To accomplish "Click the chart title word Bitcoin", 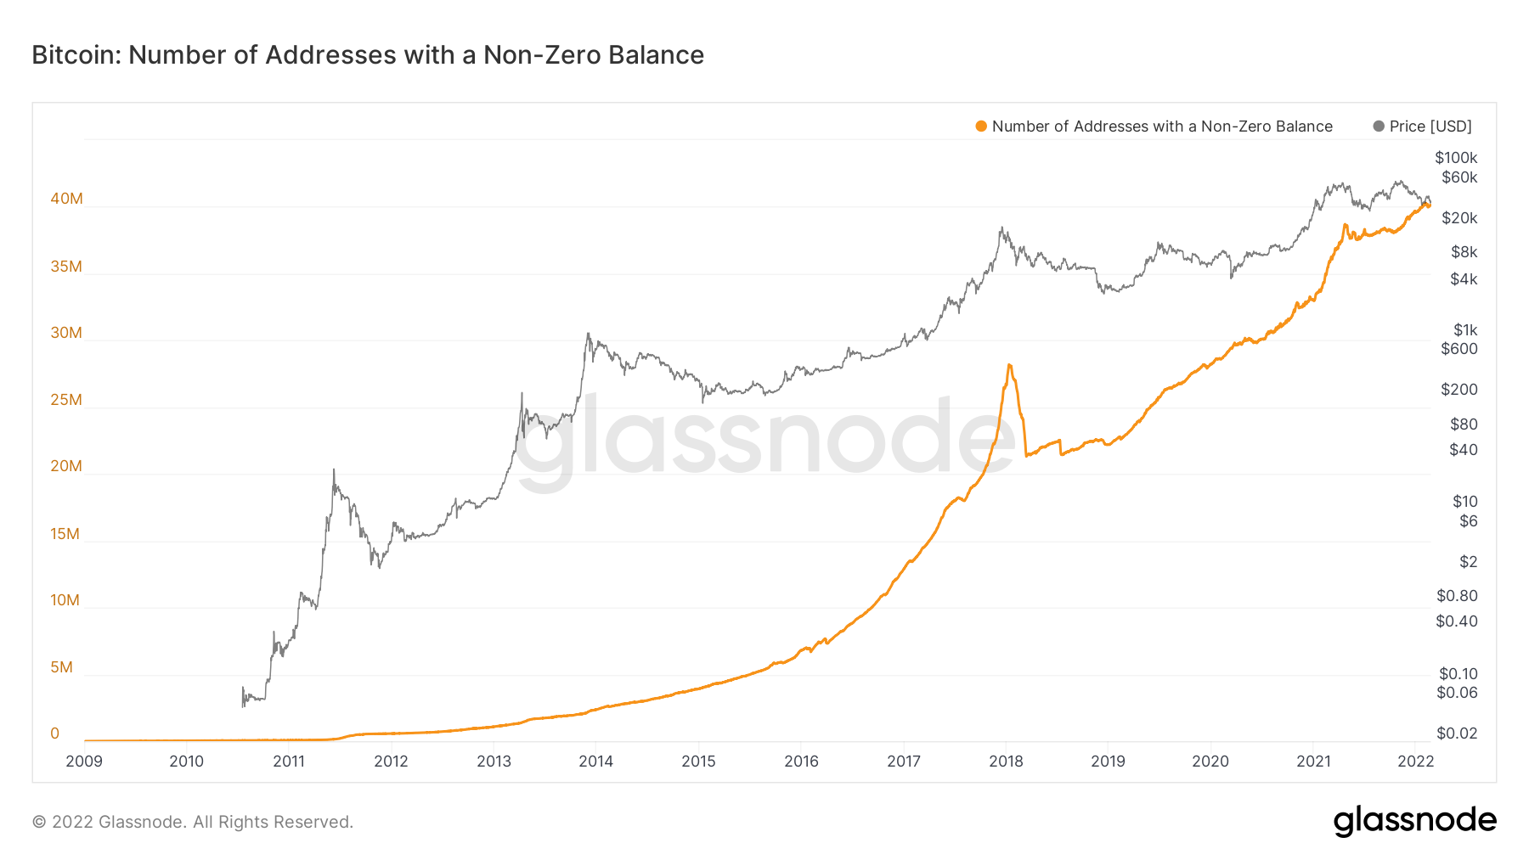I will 73,55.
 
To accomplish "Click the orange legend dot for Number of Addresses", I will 981,126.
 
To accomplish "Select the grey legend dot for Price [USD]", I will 1379,126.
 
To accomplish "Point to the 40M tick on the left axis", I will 66,199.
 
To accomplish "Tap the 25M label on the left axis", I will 66,400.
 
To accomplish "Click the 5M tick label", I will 61,667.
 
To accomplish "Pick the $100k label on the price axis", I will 1456,158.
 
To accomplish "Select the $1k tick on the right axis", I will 1465,330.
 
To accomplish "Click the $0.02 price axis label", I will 1457,734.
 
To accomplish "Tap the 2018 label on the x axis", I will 1006,762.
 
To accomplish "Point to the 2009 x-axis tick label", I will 84,762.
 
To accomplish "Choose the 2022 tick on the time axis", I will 1415,762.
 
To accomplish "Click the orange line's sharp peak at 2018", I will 1008,365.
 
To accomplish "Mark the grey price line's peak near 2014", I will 588,334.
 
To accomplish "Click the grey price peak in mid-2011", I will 334,469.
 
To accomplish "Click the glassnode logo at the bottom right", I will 1414,821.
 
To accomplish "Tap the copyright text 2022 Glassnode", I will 193,822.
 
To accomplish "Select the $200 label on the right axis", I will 1459,390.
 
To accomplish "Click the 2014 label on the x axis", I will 596,762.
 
